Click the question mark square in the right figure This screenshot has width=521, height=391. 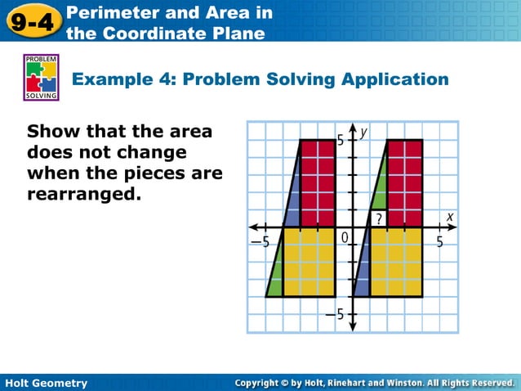pos(378,218)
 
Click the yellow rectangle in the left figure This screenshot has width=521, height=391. pos(308,262)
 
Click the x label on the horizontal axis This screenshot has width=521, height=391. pos(449,216)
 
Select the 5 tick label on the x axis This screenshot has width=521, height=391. pos(439,242)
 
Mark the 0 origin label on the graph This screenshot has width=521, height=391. pos(345,237)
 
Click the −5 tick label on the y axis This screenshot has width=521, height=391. pos(336,315)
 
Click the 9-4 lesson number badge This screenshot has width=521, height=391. pos(32,21)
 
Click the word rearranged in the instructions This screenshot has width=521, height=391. pos(84,195)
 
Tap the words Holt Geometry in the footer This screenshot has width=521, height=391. pos(46,383)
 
